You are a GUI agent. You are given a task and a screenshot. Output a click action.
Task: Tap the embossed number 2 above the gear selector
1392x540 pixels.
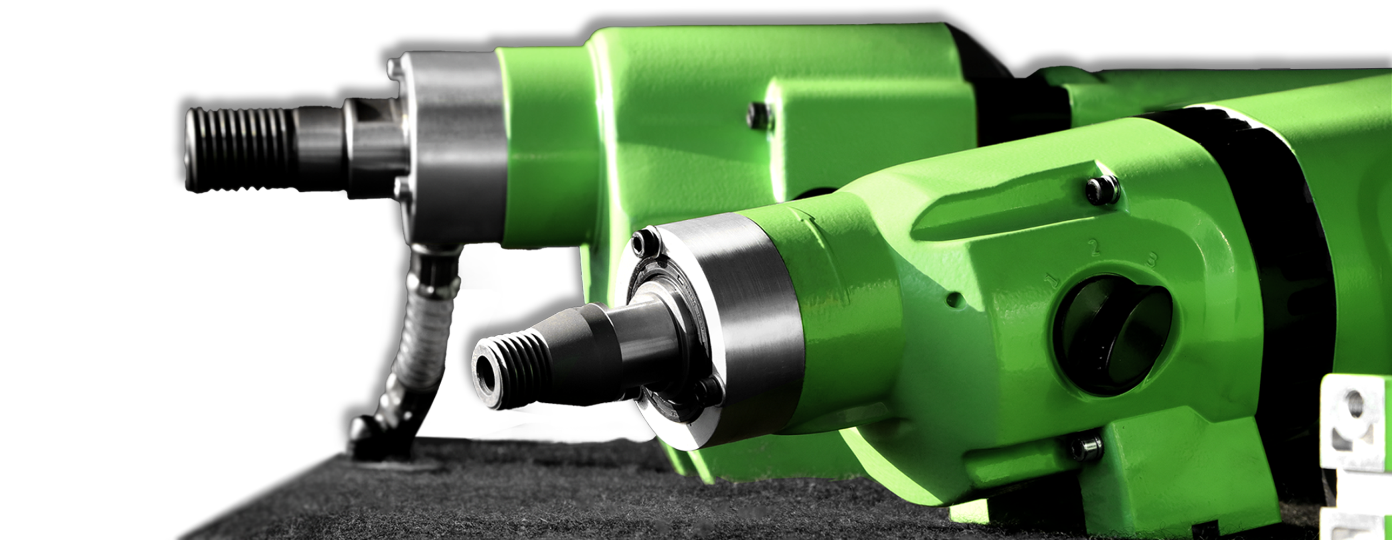point(1095,248)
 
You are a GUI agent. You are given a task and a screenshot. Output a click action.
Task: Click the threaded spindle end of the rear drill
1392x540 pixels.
point(238,148)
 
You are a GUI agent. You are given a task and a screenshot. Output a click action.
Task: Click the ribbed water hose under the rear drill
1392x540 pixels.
point(421,329)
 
